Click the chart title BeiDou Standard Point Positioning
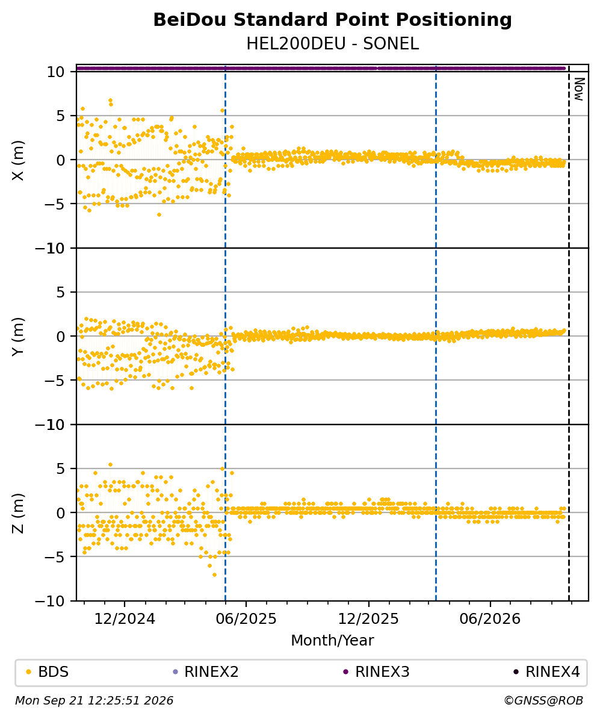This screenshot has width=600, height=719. tap(332, 20)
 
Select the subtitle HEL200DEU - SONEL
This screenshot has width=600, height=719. tap(332, 44)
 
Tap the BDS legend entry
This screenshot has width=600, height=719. tap(48, 672)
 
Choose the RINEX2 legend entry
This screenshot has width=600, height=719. tap(206, 672)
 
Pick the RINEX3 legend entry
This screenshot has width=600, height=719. tap(377, 672)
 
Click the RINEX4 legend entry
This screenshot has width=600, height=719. tap(547, 672)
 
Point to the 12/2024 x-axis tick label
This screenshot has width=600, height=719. tap(125, 619)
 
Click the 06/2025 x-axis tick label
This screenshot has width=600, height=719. tap(247, 619)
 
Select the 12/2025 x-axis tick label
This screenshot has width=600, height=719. tap(368, 619)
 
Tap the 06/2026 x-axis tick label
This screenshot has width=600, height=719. tap(490, 619)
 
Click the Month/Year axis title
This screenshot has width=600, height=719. tap(332, 641)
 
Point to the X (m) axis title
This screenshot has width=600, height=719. tap(18, 160)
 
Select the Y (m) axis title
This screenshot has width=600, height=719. tap(18, 337)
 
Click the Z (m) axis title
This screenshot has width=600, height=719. tap(18, 513)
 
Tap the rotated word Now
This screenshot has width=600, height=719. tap(579, 89)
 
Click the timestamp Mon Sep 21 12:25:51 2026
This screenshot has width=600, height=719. tap(94, 701)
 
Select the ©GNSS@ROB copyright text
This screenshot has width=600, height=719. tap(543, 701)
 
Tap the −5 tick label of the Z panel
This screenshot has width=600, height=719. tap(55, 557)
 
